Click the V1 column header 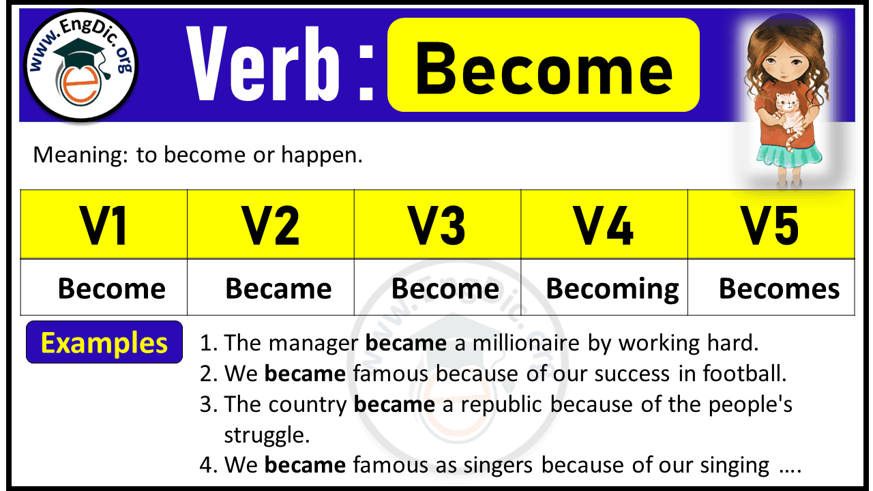click(x=104, y=225)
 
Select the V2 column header click(x=271, y=225)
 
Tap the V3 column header click(x=437, y=225)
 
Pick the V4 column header click(x=604, y=225)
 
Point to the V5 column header click(x=771, y=225)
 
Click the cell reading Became click(x=278, y=289)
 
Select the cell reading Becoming click(x=612, y=289)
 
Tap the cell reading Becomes click(x=779, y=289)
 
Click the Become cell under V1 click(x=111, y=289)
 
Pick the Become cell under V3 click(x=445, y=289)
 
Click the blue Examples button click(x=104, y=342)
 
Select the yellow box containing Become click(x=543, y=65)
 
